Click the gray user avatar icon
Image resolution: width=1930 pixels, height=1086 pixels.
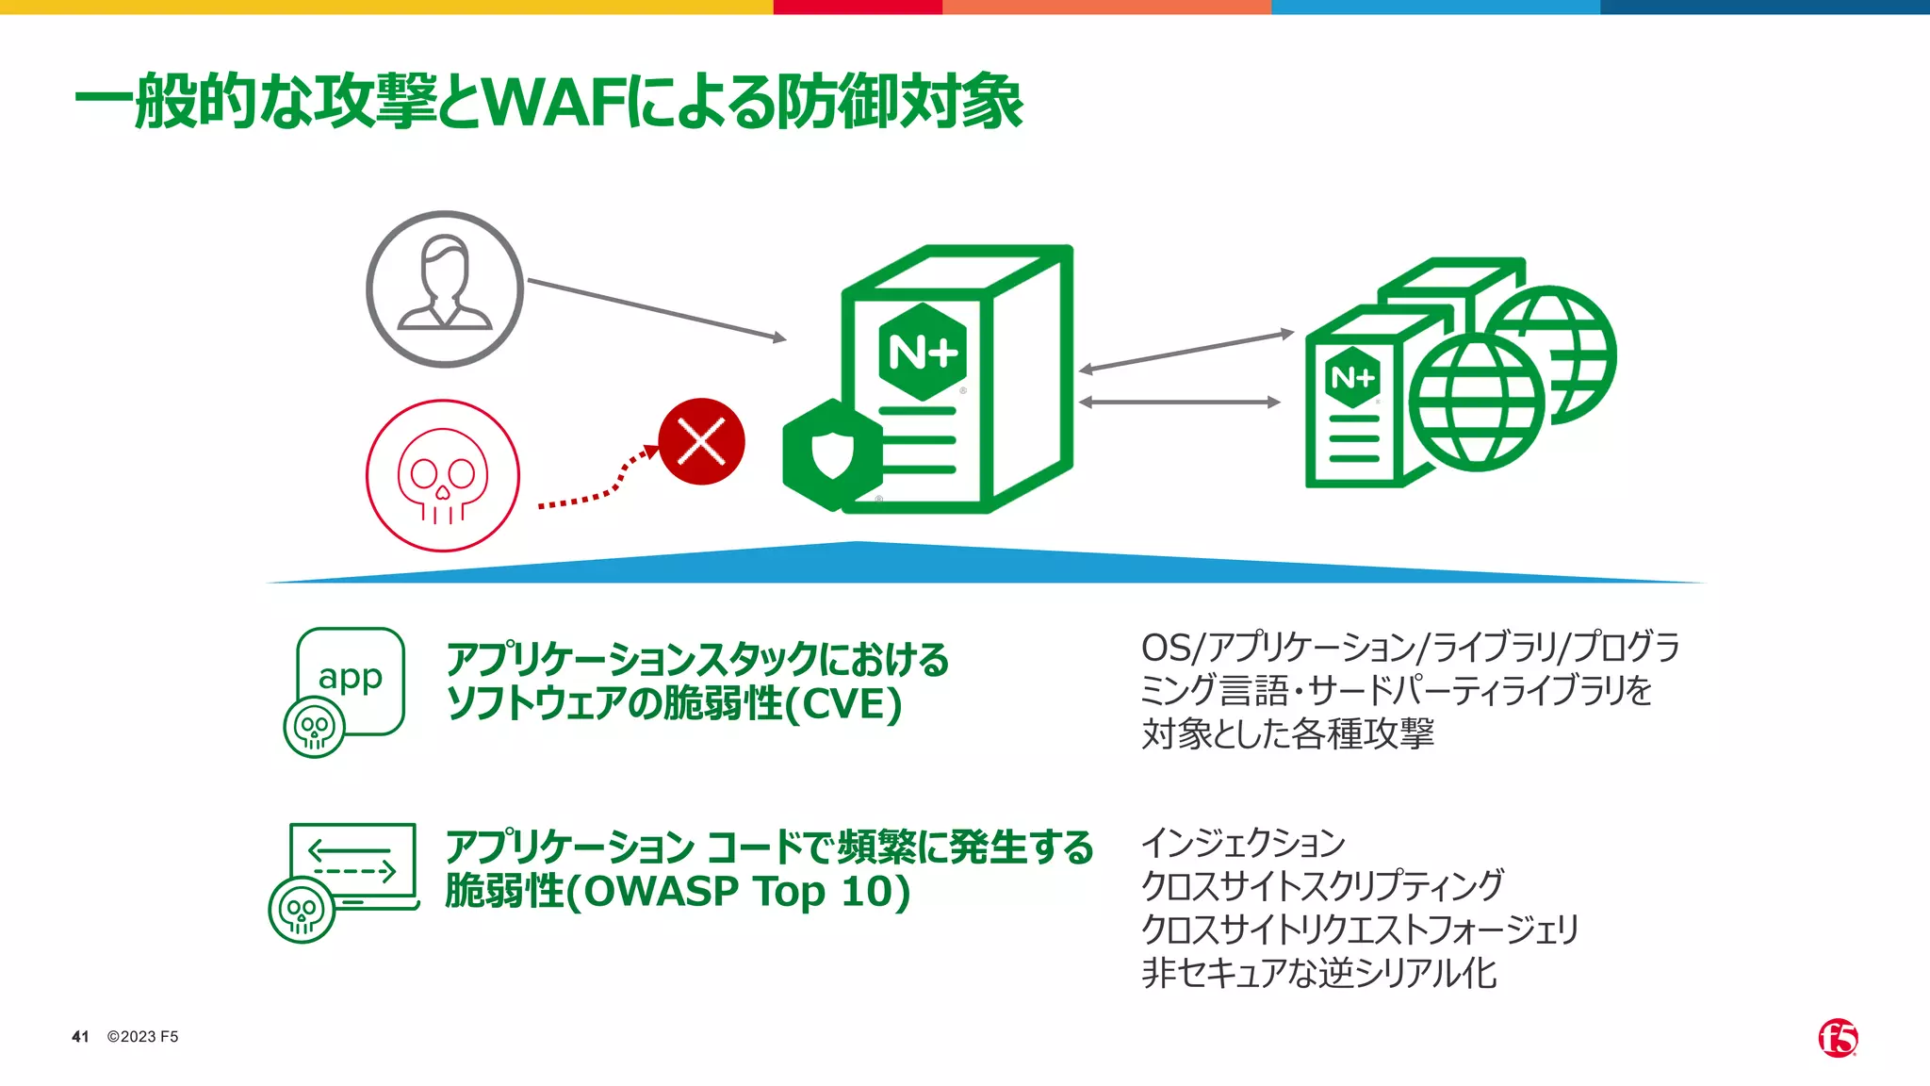pyautogui.click(x=444, y=288)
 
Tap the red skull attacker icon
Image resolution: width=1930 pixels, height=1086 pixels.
pyautogui.click(x=442, y=476)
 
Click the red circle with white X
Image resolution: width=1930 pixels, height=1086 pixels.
pyautogui.click(x=701, y=441)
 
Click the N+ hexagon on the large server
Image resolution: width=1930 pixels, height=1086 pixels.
pyautogui.click(x=923, y=352)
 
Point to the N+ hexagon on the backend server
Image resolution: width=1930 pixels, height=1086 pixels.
pyautogui.click(x=1352, y=378)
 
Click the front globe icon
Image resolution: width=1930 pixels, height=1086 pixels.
pyautogui.click(x=1476, y=403)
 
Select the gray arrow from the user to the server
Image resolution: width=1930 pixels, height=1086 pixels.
pyautogui.click(x=656, y=309)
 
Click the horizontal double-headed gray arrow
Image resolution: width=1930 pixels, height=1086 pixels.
pyautogui.click(x=1179, y=403)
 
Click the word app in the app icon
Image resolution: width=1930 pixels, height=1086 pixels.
pyautogui.click(x=351, y=677)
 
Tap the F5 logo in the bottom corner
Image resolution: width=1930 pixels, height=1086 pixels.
pyautogui.click(x=1838, y=1038)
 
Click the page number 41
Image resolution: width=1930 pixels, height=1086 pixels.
pyautogui.click(x=80, y=1037)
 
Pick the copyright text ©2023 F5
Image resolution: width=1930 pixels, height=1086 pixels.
pyautogui.click(x=142, y=1037)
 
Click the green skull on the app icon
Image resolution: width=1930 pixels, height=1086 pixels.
pyautogui.click(x=314, y=727)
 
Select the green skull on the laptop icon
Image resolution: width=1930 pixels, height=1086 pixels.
pyautogui.click(x=302, y=910)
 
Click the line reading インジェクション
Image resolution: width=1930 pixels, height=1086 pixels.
pyautogui.click(x=1243, y=843)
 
